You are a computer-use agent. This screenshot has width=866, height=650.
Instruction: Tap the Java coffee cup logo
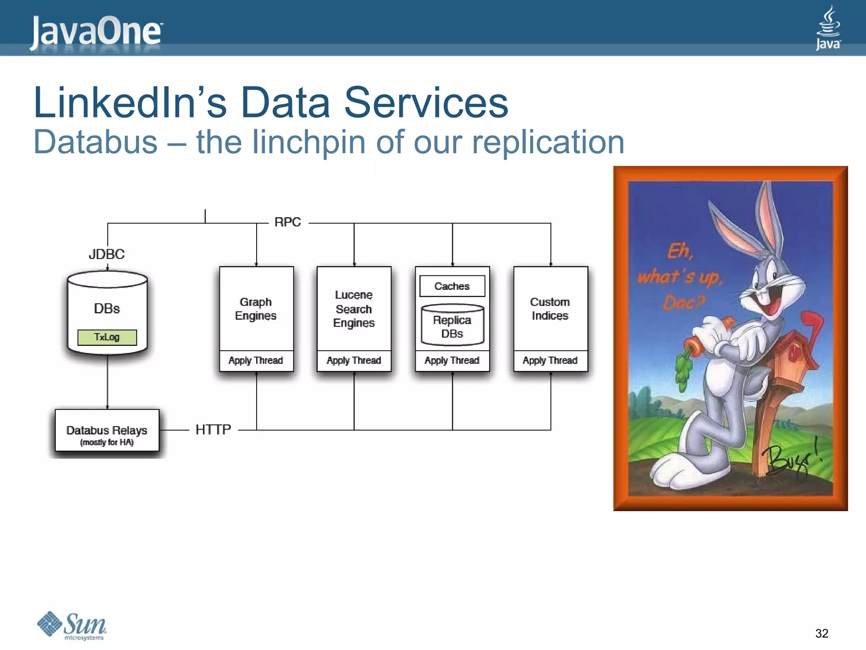(828, 28)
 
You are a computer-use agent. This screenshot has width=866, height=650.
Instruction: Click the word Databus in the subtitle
(95, 142)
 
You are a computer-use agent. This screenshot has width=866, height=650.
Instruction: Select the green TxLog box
(107, 337)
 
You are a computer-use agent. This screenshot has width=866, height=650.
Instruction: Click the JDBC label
(107, 254)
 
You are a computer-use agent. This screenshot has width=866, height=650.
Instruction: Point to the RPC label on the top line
(288, 222)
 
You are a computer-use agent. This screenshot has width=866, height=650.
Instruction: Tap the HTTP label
(213, 430)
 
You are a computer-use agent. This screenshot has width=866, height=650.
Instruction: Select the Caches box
(452, 286)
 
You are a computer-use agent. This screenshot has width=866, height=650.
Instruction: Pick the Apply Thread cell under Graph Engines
(256, 361)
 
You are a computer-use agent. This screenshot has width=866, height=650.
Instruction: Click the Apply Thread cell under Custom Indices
(550, 361)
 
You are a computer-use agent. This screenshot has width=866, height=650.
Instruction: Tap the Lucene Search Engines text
(354, 309)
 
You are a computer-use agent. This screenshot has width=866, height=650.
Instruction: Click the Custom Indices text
(550, 309)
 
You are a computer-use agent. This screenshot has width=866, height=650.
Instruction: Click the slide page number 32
(822, 633)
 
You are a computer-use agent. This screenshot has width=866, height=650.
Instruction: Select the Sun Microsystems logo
(72, 625)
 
